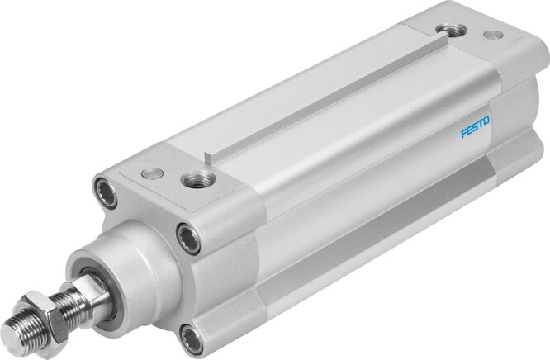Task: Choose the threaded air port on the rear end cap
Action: click(452, 30)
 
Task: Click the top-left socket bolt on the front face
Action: click(108, 189)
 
